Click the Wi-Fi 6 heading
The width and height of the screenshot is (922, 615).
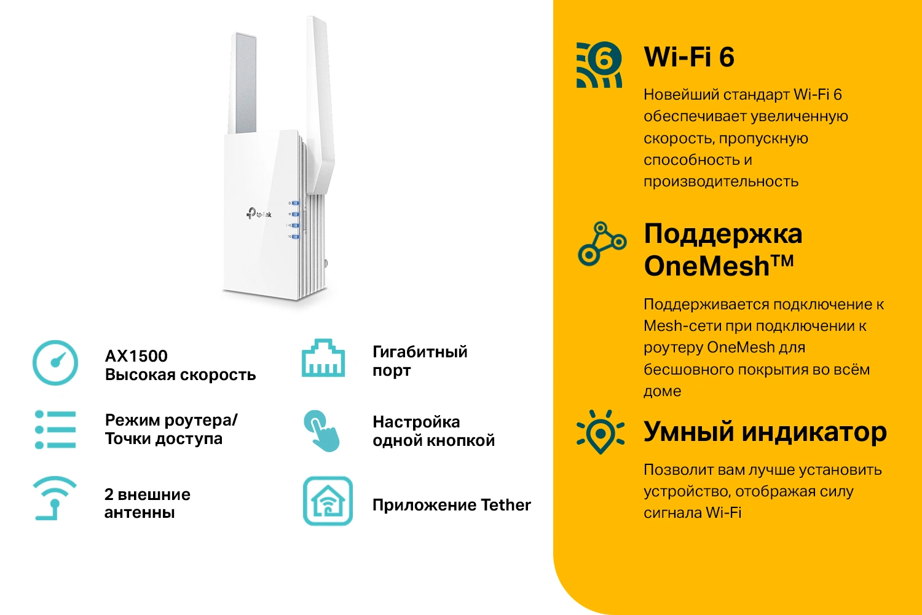688,57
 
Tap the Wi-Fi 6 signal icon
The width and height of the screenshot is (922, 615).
599,65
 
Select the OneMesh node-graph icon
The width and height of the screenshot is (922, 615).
602,244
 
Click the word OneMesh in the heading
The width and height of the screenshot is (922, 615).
706,266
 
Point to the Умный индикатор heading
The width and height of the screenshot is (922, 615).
765,431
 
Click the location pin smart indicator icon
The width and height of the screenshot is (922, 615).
601,432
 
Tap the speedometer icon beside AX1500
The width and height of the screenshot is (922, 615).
55,363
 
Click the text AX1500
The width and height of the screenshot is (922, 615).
136,356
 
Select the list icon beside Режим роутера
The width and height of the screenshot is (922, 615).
55,429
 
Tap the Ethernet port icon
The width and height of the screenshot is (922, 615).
323,358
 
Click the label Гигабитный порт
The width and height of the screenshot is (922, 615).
419,361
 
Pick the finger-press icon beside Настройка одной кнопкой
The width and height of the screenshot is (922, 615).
321,431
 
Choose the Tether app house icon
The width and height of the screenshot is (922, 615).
328,501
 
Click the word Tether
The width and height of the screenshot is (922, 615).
505,505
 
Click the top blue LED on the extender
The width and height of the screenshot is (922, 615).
295,203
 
